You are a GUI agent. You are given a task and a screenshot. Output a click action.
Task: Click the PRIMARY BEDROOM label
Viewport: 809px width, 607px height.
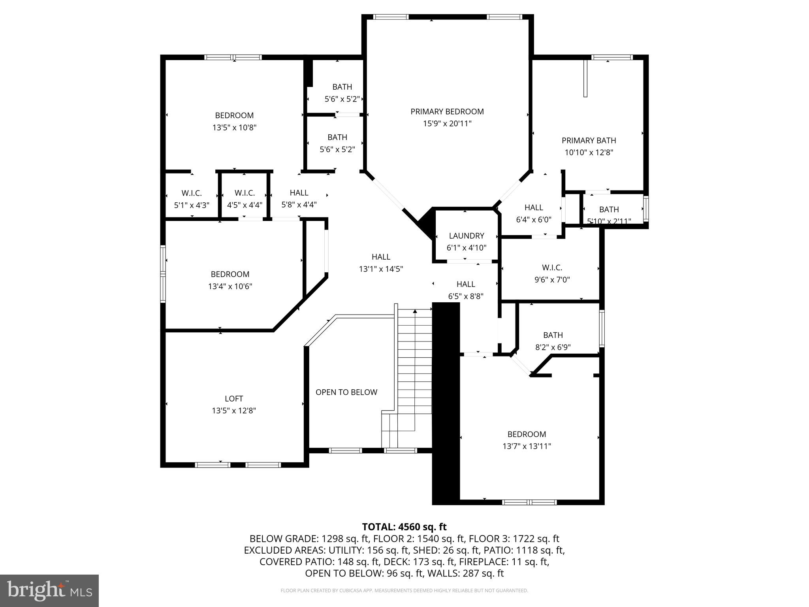pos(447,111)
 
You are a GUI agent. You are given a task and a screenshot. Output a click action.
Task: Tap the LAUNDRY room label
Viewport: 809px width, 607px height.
pos(466,236)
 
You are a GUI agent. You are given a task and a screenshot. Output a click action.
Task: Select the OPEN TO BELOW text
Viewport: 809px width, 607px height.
pos(346,392)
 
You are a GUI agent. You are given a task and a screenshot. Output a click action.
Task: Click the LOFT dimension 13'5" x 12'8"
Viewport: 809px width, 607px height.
pos(234,411)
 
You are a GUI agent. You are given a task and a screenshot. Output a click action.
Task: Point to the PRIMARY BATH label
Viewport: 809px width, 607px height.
pos(589,140)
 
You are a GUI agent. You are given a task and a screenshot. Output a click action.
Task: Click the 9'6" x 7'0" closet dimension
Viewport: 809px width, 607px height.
pos(552,280)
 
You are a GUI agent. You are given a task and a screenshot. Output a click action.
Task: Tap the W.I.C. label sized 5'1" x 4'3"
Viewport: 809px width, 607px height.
pos(192,193)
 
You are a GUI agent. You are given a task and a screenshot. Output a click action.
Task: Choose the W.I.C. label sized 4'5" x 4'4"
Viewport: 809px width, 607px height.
pos(245,193)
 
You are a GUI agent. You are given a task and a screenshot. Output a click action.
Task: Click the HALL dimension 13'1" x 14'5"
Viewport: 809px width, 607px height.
pos(381,269)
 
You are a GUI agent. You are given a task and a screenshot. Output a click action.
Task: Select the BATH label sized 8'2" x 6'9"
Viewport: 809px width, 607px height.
pos(553,335)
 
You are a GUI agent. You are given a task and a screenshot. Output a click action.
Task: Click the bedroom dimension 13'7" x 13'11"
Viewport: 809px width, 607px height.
pos(527,446)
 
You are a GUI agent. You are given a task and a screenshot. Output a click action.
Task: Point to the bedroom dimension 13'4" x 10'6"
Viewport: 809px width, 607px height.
pos(230,286)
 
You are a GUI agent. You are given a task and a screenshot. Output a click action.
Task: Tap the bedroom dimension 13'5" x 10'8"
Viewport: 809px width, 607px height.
pos(234,128)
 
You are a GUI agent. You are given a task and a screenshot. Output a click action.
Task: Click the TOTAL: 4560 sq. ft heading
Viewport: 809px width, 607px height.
pos(404,527)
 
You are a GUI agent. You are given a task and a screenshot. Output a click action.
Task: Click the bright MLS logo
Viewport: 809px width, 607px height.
pos(49,590)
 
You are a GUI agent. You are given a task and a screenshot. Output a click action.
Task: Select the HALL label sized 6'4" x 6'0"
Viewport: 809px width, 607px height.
pos(533,207)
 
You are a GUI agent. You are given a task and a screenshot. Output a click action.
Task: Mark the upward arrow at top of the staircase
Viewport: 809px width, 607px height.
pos(415,311)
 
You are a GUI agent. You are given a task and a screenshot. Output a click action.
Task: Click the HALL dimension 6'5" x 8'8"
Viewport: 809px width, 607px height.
pos(466,296)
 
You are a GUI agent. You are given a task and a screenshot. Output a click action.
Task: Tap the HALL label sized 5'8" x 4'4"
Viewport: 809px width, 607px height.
pos(299,192)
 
